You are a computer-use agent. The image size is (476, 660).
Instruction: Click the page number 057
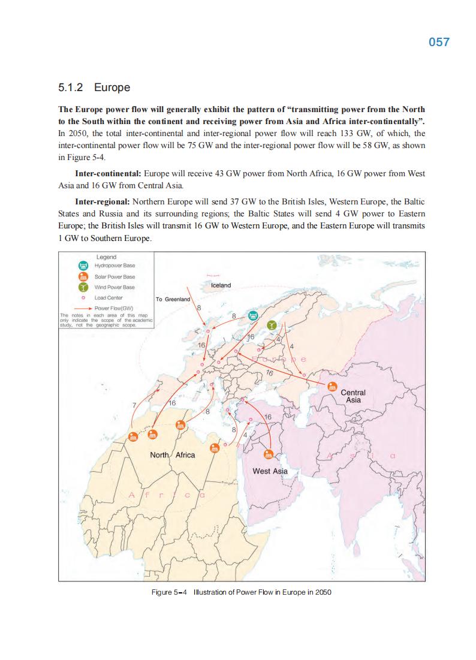[x=439, y=43]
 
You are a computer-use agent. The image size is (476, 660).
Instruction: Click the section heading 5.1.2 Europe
[x=94, y=88]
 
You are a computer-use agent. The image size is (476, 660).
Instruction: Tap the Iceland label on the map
[x=221, y=285]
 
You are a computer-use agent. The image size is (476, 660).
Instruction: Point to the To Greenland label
[x=173, y=299]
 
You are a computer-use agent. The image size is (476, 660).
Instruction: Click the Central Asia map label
[x=353, y=396]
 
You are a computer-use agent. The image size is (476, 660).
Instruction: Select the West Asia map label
[x=270, y=471]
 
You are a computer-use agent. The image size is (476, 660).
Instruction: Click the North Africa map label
[x=172, y=455]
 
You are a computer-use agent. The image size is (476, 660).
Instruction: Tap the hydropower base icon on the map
[x=253, y=315]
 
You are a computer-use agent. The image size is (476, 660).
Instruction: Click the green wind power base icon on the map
[x=272, y=324]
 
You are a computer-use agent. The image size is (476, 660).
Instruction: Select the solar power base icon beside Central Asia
[x=332, y=387]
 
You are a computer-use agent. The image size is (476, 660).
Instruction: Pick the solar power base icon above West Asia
[x=268, y=454]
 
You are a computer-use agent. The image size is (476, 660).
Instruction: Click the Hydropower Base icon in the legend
[x=84, y=266]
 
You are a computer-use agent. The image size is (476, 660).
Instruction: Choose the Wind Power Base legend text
[x=115, y=287]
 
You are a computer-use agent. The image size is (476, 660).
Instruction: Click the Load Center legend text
[x=109, y=297]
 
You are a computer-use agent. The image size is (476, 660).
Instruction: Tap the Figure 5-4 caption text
[x=241, y=592]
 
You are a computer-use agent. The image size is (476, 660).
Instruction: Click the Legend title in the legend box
[x=106, y=257]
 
